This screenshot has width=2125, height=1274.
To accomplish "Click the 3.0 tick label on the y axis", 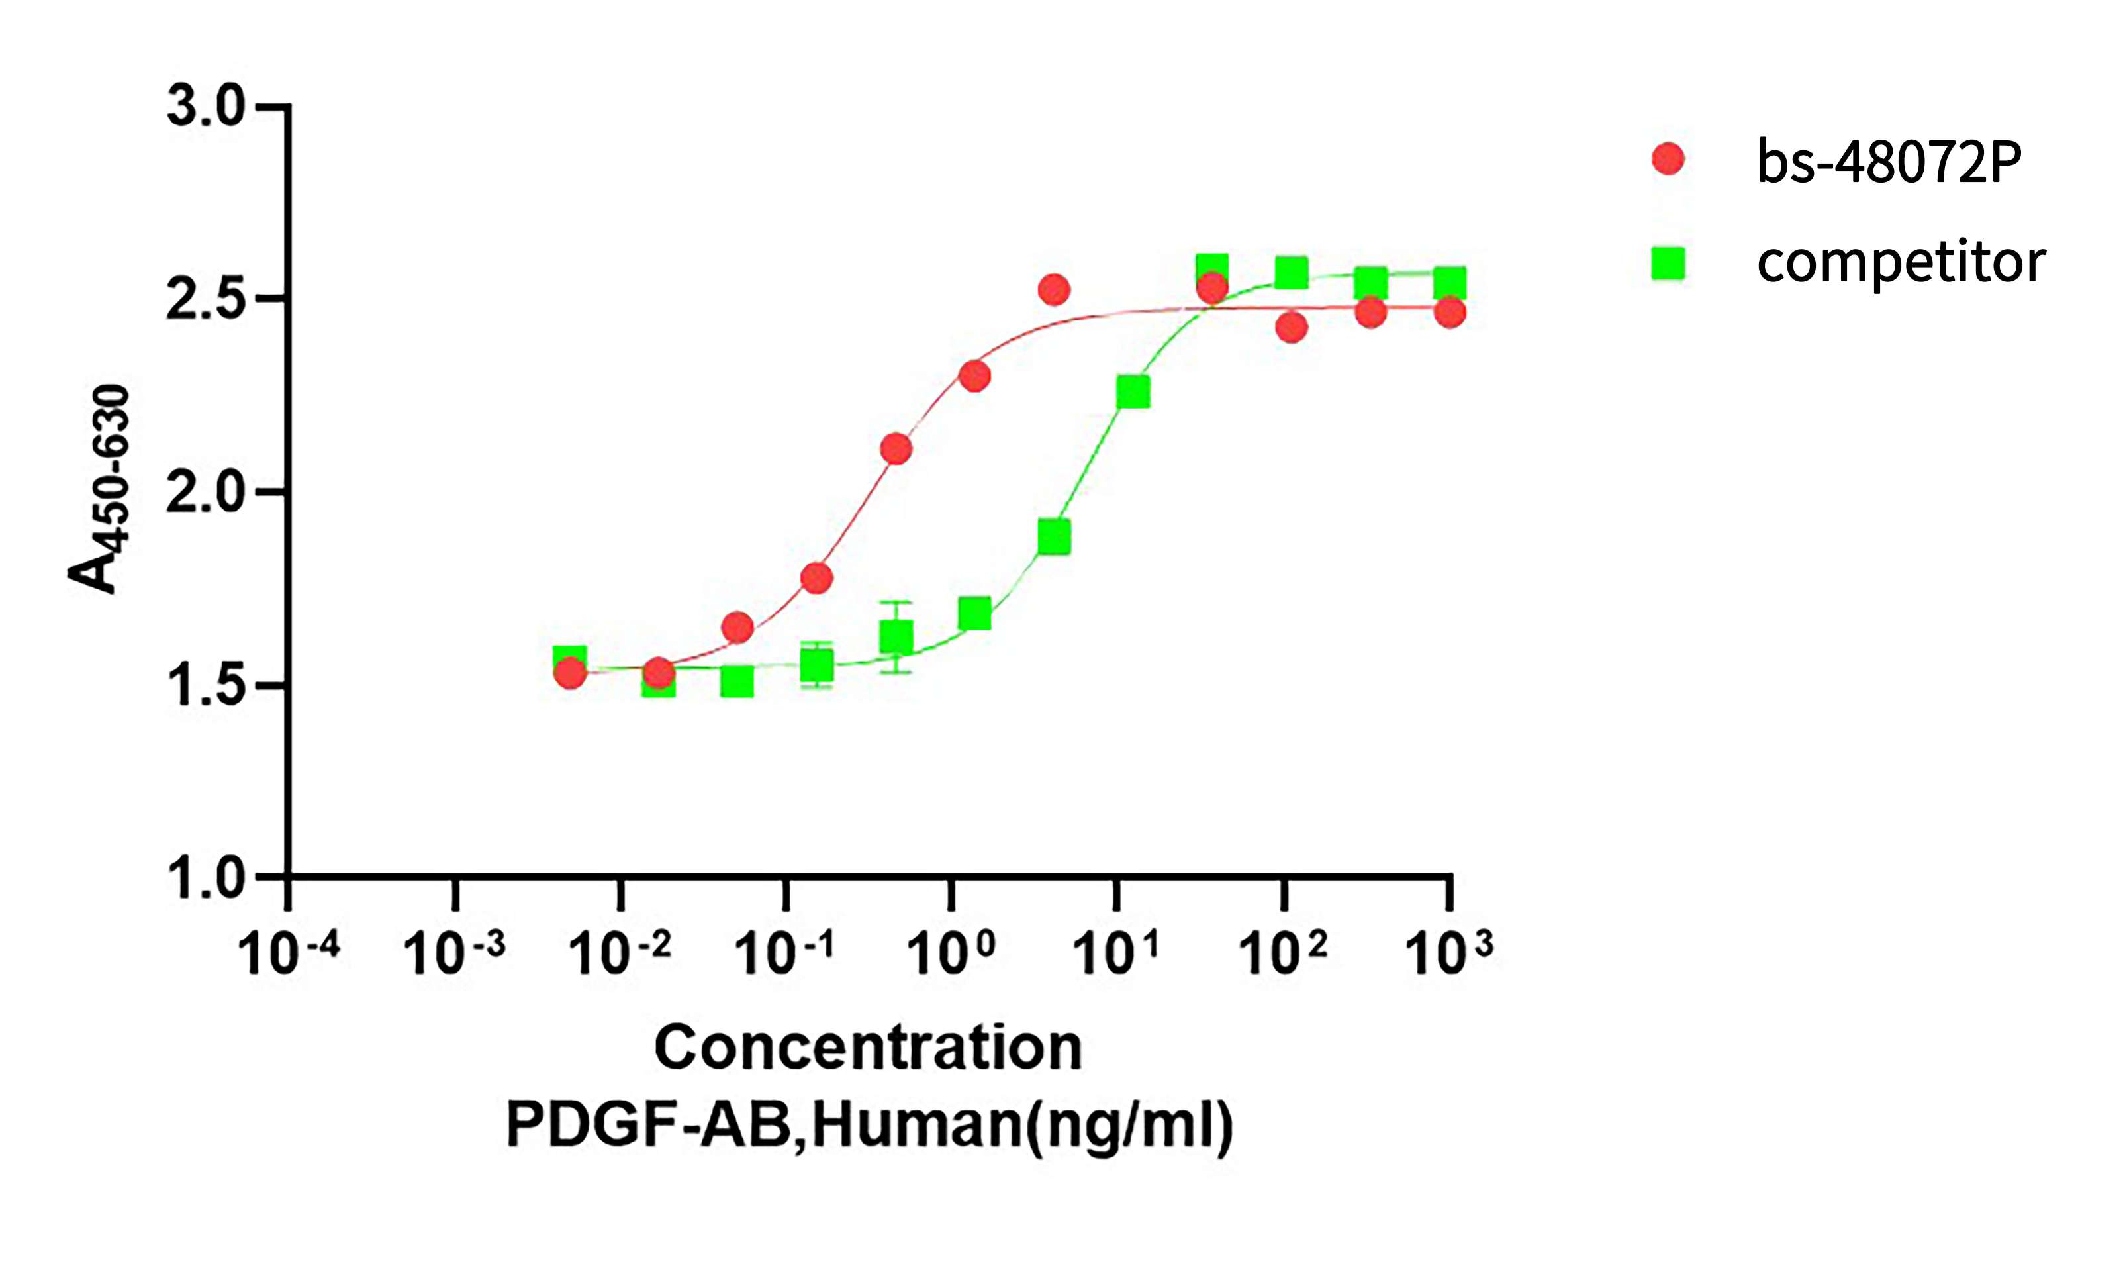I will pyautogui.click(x=205, y=107).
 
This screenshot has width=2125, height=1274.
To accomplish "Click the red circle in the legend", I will pyautogui.click(x=1668, y=159).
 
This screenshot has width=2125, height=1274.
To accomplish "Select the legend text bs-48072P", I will pyautogui.click(x=1889, y=162).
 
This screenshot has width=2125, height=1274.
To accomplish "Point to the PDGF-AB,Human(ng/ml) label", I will pyautogui.click(x=869, y=1124).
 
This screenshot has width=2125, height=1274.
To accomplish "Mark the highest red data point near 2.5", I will pyautogui.click(x=1054, y=290).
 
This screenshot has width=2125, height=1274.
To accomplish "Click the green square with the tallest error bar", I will pyautogui.click(x=896, y=637).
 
